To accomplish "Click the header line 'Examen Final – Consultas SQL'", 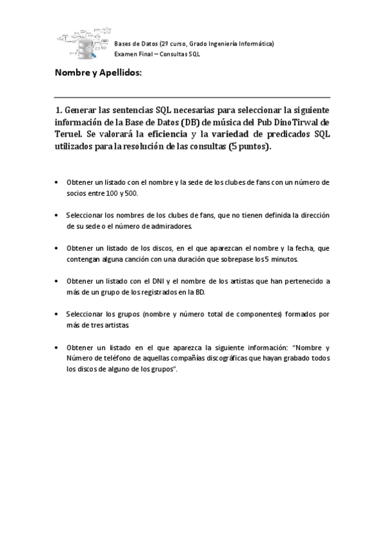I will [x=157, y=55].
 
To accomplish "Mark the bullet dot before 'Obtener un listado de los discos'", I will [x=58, y=248].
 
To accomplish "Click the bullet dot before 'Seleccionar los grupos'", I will [x=58, y=314].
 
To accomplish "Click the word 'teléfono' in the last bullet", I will [x=117, y=359].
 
